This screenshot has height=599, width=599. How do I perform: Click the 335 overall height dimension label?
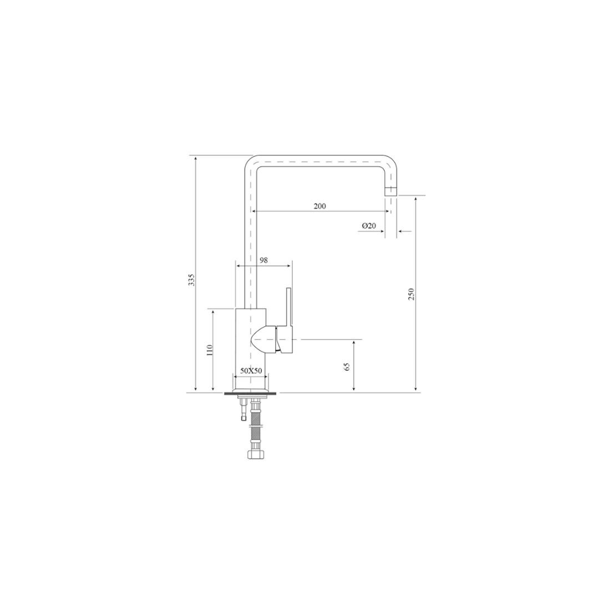[192, 280]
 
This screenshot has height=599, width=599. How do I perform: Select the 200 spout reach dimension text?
[320, 206]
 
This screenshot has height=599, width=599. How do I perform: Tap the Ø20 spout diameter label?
[369, 225]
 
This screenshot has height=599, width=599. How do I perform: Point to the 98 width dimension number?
[263, 260]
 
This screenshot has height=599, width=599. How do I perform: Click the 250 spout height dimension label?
[411, 294]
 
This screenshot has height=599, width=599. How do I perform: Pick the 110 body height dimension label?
[209, 351]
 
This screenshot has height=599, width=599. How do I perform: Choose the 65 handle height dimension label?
[347, 367]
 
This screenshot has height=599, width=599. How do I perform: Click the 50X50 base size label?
[251, 370]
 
